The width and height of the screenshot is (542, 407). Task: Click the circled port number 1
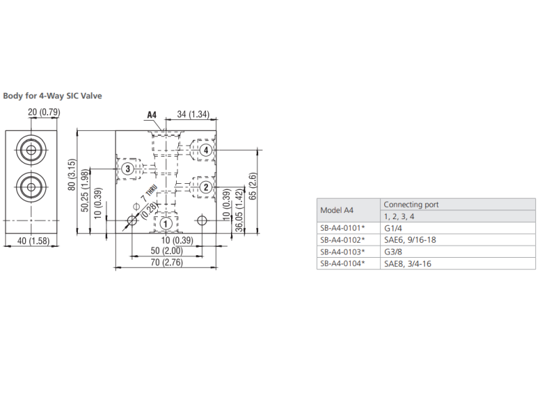click(x=165, y=224)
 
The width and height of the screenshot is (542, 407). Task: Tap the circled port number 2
click(x=206, y=187)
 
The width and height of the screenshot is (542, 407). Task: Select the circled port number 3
click(x=128, y=169)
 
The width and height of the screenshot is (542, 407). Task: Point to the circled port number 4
click(x=206, y=150)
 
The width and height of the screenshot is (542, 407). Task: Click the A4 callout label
click(x=152, y=115)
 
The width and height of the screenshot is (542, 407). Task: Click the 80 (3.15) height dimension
click(x=72, y=175)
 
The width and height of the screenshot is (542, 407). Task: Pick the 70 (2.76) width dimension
click(x=167, y=263)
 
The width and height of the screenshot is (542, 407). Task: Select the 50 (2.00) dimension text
click(x=167, y=250)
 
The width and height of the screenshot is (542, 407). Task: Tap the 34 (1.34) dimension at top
click(x=193, y=114)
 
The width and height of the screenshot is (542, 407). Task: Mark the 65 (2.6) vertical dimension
click(x=253, y=186)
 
